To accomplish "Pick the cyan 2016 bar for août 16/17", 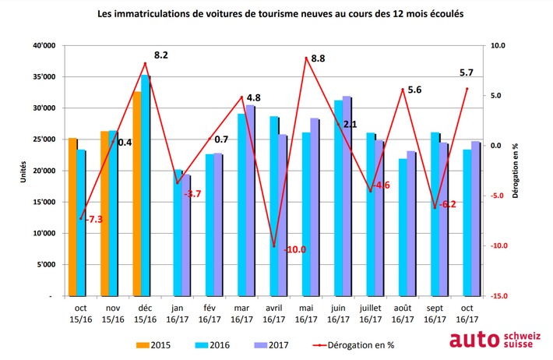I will coord(402,227).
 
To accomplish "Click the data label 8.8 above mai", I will coord(318,58).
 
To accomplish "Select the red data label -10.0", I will coord(295,249).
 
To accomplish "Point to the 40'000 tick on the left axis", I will coord(45,46).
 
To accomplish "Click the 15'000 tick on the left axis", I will coord(45,202).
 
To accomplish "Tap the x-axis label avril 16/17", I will coord(273,313).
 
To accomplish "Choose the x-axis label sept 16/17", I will coord(434,313).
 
